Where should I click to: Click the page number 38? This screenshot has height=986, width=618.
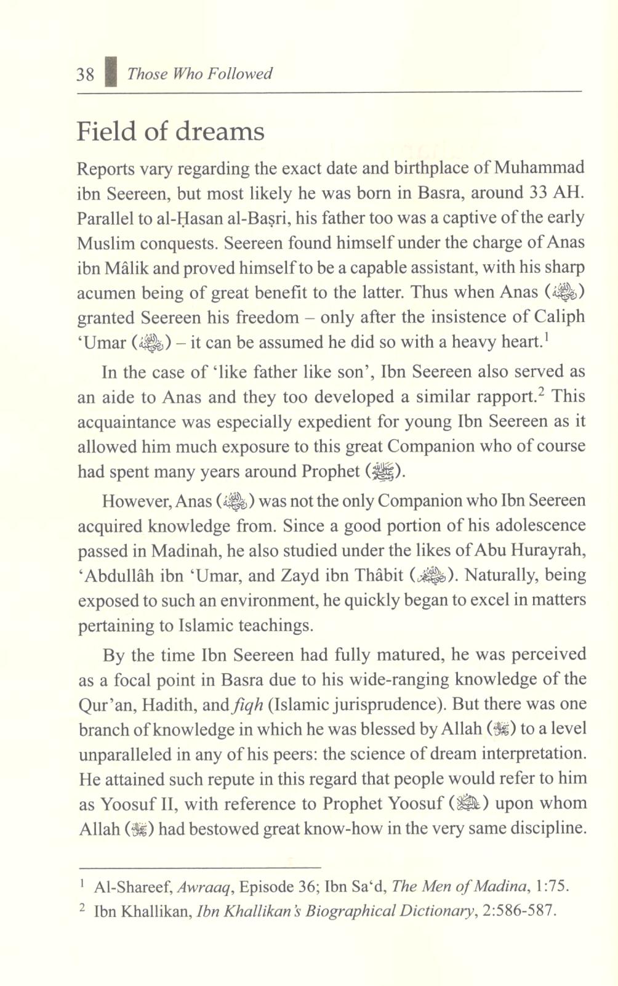pos(85,75)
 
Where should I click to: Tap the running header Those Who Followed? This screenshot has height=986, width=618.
pos(199,74)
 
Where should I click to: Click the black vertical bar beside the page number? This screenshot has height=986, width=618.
pos(111,73)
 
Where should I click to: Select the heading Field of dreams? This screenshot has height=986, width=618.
pos(171,132)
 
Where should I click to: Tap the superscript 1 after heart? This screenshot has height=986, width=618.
pos(545,337)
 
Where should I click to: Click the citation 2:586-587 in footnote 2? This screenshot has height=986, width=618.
pos(523,911)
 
